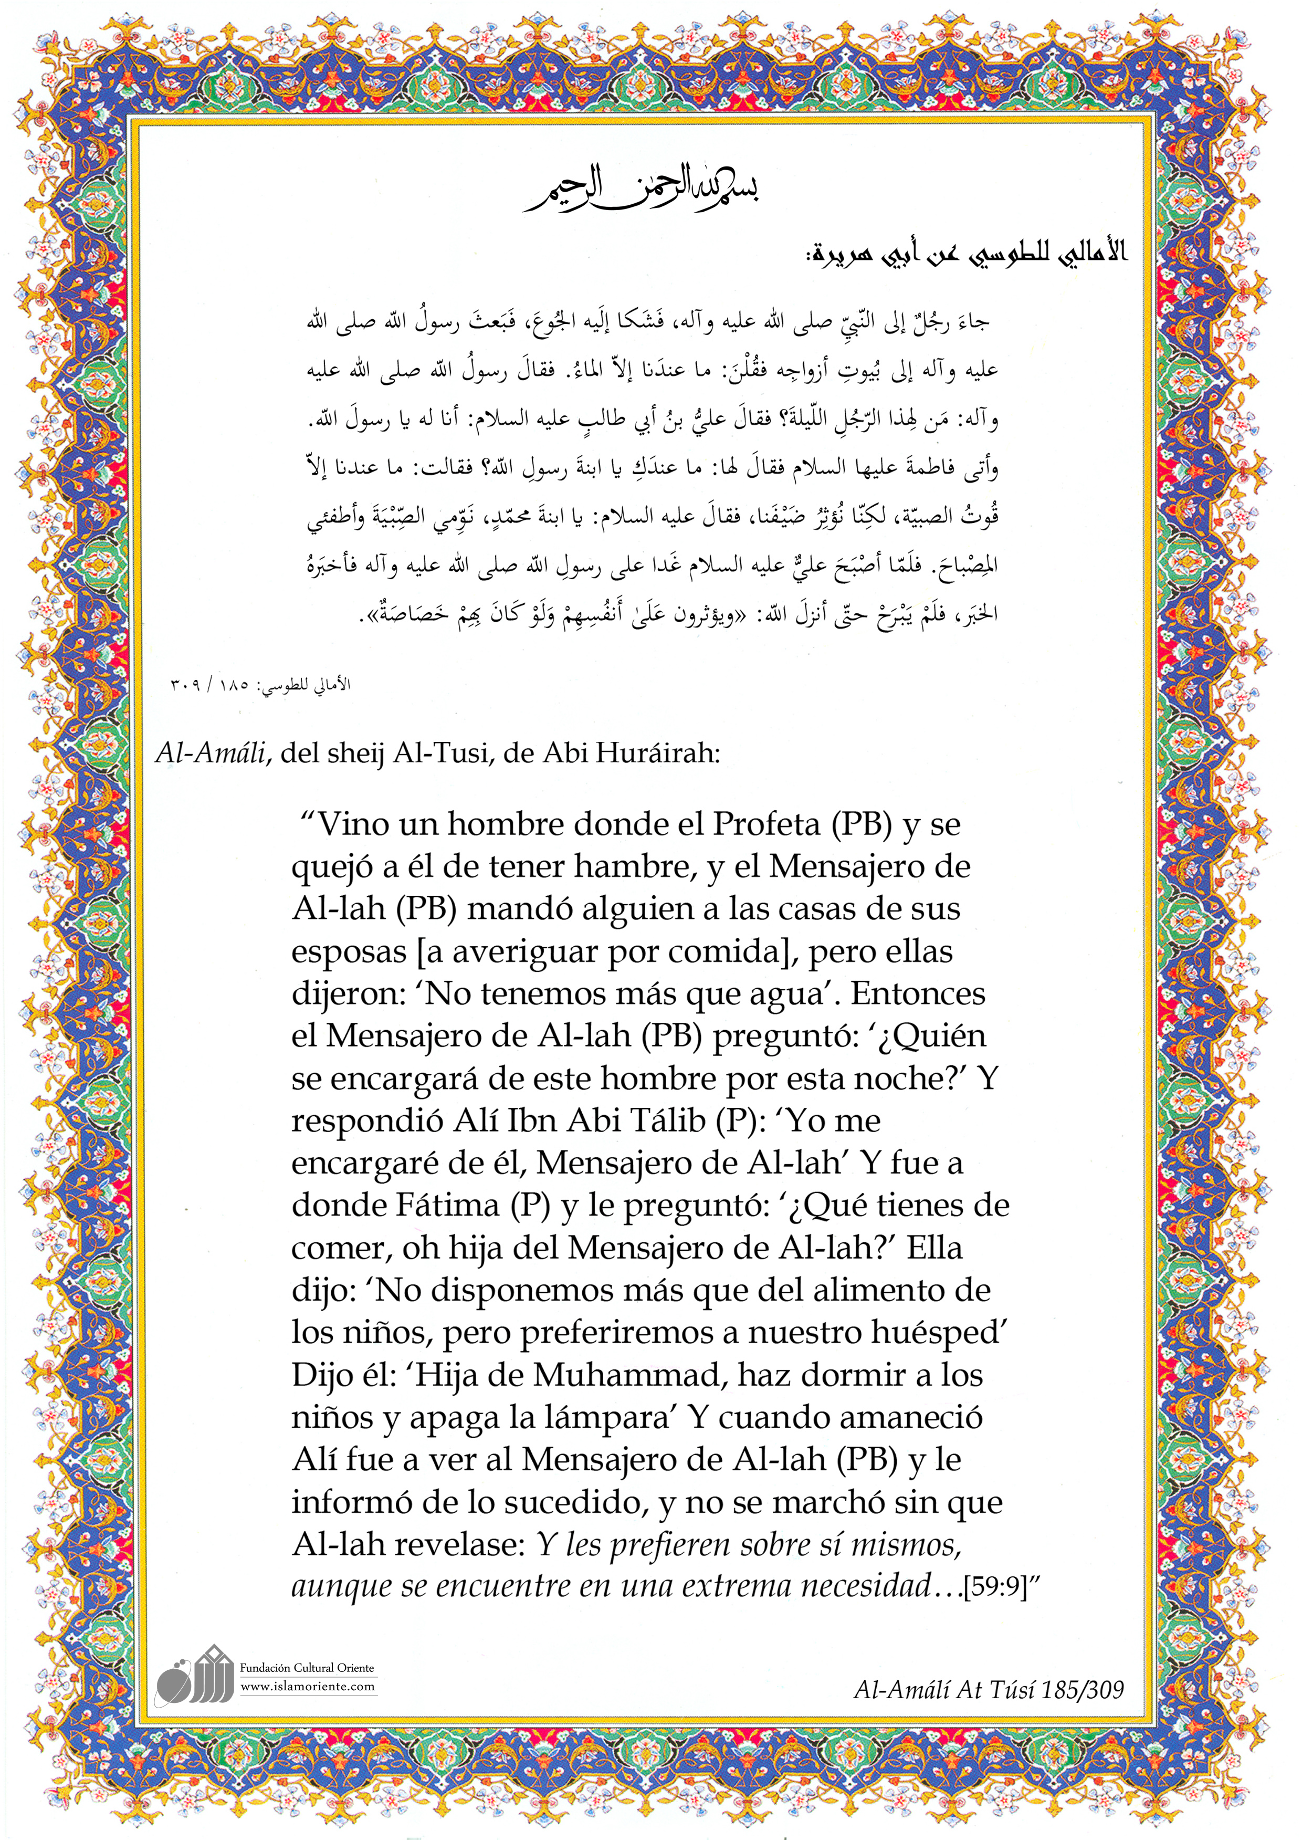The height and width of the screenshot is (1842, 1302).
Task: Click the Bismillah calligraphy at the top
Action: pos(642,189)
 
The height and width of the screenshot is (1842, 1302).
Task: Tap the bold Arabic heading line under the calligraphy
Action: pos(966,254)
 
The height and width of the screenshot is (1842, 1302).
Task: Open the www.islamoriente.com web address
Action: pos(307,1687)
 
